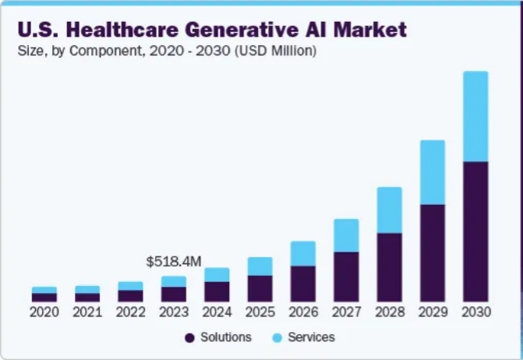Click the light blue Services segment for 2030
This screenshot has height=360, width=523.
pos(475,117)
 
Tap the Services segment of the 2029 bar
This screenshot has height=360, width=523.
pos(432,172)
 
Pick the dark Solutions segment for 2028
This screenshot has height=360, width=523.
pos(389,267)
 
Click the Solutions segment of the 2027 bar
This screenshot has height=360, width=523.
pos(346,277)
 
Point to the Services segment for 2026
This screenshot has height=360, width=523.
pos(303,253)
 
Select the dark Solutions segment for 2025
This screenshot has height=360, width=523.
pos(260,288)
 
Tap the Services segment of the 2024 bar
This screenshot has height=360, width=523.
pos(217,274)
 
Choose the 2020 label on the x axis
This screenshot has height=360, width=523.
pos(44,312)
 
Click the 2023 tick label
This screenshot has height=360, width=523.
pos(174,312)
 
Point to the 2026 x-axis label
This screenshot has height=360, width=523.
pos(303,312)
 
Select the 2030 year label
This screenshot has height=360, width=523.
pos(475,312)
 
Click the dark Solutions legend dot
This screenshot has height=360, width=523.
pos(189,338)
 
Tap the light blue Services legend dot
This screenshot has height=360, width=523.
pos(277,338)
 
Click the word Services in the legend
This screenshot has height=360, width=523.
pos(311,337)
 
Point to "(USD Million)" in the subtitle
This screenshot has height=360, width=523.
pos(277,51)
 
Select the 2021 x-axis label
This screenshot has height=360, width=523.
pos(87,312)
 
